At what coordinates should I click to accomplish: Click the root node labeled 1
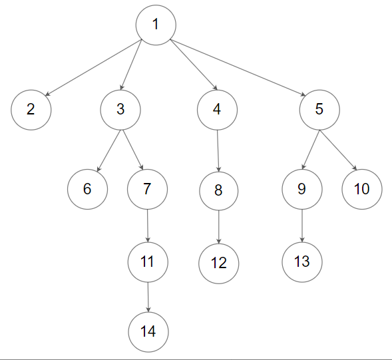[x=155, y=25]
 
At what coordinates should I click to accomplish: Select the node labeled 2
[x=31, y=110]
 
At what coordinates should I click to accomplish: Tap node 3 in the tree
[x=120, y=109]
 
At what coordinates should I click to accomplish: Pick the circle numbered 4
[x=217, y=109]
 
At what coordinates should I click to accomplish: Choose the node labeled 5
[x=319, y=109]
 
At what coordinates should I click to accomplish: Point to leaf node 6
[x=87, y=189]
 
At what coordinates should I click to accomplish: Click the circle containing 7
[x=147, y=189]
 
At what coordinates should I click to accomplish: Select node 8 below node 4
[x=219, y=190]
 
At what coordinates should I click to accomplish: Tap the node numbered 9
[x=301, y=189]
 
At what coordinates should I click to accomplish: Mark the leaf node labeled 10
[x=361, y=189]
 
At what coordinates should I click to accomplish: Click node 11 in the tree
[x=148, y=261]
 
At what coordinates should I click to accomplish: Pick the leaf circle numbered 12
[x=218, y=262]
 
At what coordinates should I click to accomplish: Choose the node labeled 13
[x=301, y=261]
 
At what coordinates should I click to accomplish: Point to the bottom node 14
[x=148, y=331]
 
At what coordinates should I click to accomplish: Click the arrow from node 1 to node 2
[x=92, y=69]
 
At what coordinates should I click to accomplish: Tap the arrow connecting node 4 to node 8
[x=218, y=150]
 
